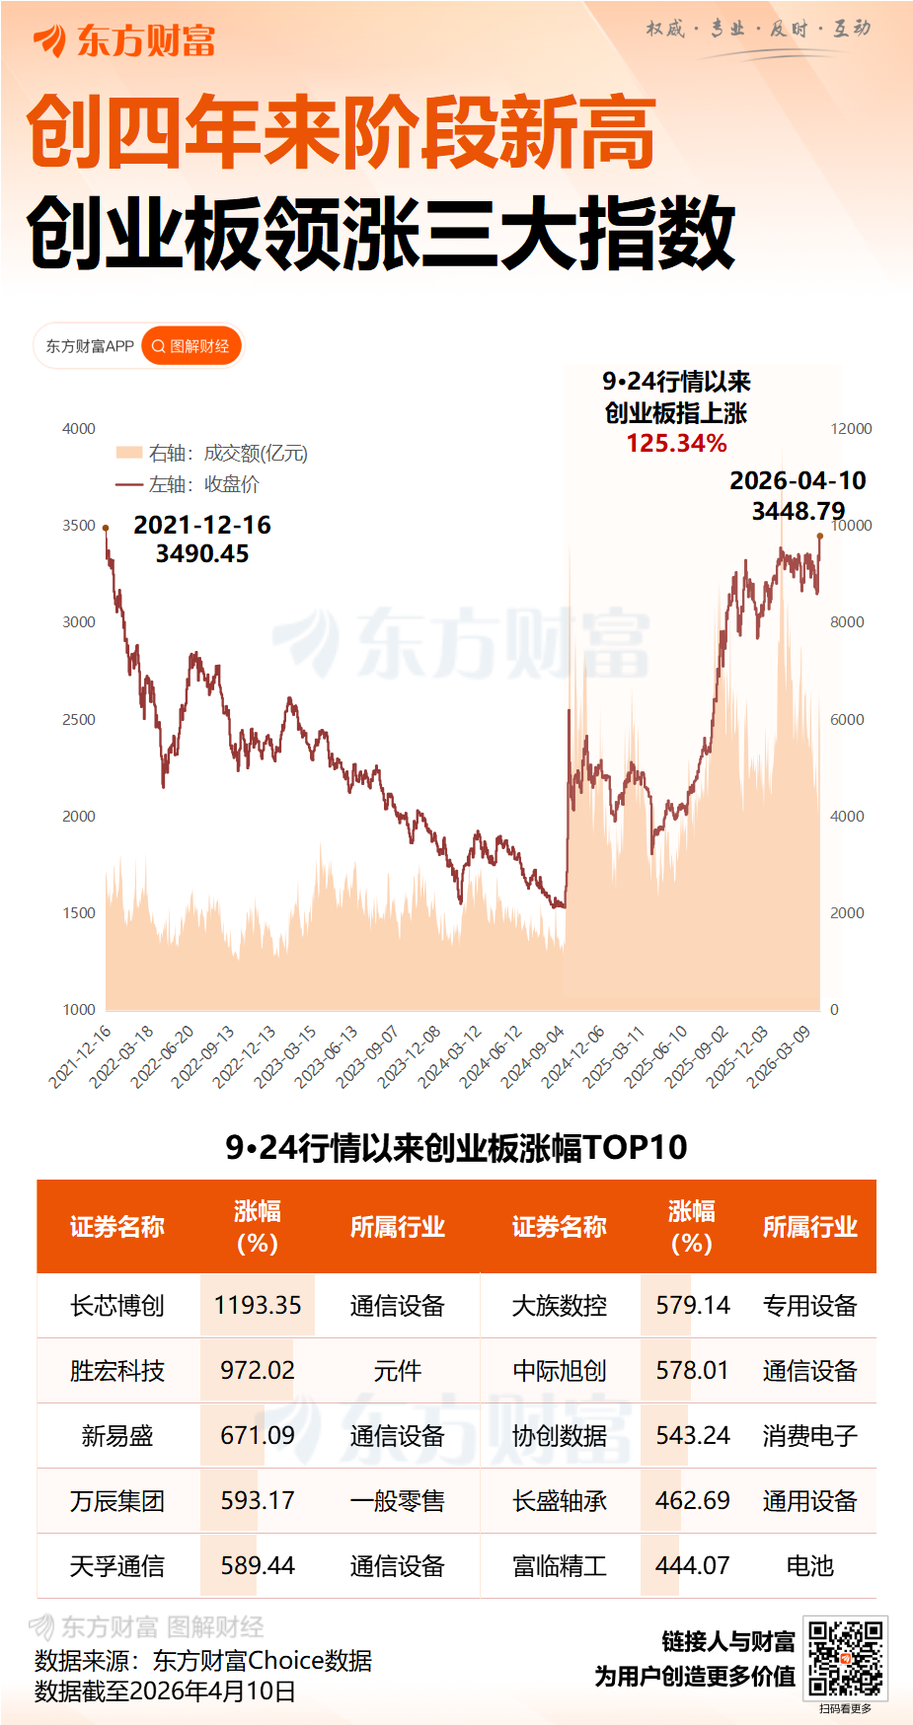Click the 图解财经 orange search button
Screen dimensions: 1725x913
191,346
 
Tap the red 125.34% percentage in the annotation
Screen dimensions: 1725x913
676,444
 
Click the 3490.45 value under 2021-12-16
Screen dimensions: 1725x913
202,554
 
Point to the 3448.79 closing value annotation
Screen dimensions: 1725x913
798,511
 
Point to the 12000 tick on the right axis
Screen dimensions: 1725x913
851,429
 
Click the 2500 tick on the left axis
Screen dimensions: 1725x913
79,720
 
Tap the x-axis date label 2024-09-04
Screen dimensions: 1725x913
532,1056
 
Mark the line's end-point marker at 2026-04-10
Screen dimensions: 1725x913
820,536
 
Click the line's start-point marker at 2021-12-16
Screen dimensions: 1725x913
106,529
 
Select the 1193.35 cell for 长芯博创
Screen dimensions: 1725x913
258,1305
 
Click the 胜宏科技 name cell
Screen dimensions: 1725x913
116,1370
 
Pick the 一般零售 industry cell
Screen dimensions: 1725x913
397,1500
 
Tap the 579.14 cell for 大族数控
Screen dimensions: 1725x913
692,1305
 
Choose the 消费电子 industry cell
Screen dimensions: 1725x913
809,1435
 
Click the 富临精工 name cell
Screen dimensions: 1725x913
559,1565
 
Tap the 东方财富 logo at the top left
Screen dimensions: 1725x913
124,40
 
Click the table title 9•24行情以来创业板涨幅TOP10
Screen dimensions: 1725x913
456,1147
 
